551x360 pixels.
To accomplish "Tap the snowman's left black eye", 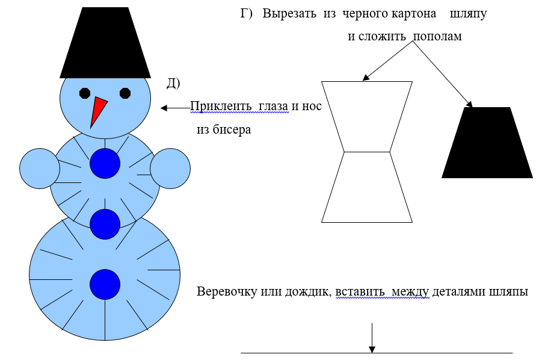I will pyautogui.click(x=85, y=93).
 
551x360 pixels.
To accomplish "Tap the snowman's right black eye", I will pyautogui.click(x=125, y=93).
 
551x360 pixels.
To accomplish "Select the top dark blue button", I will pyautogui.click(x=105, y=163).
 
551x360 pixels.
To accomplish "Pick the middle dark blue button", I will pyautogui.click(x=105, y=224).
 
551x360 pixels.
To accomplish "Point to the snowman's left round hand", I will pyautogui.click(x=38, y=169).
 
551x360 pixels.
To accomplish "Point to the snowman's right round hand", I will pyautogui.click(x=170, y=169).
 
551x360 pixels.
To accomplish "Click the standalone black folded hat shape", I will pyautogui.click(x=487, y=143).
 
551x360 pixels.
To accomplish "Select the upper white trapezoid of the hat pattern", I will pyautogui.click(x=367, y=116).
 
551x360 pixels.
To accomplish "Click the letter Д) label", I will pyautogui.click(x=173, y=84).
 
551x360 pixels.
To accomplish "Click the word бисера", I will pyautogui.click(x=231, y=129).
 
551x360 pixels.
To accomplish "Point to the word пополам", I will pyautogui.click(x=437, y=36).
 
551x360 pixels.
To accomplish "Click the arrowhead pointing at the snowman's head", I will pyautogui.click(x=164, y=108).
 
